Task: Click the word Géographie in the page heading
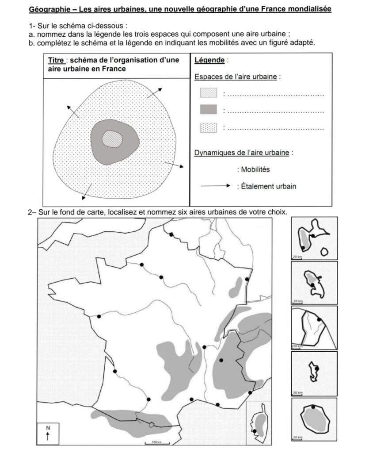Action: click(x=46, y=9)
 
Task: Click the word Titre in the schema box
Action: click(x=57, y=61)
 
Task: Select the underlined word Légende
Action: click(x=209, y=60)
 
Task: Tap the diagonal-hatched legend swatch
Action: click(x=209, y=93)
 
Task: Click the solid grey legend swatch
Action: click(x=209, y=110)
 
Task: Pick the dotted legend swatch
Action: click(x=209, y=127)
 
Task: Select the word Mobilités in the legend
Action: click(x=255, y=169)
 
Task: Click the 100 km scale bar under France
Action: click(x=154, y=442)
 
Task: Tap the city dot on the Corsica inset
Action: click(x=255, y=430)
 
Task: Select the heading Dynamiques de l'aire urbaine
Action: click(x=242, y=153)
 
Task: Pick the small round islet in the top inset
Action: click(x=325, y=251)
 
